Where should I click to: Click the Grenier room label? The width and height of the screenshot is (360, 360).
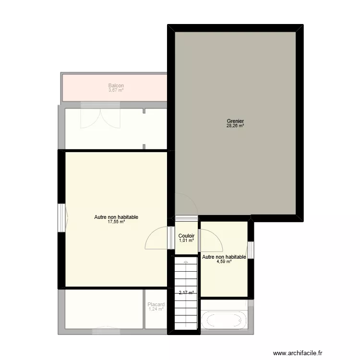click(235, 121)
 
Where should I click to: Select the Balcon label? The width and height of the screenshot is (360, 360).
click(116, 85)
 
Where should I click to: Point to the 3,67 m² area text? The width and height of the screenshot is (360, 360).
click(116, 90)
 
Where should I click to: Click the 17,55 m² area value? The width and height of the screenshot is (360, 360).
click(116, 222)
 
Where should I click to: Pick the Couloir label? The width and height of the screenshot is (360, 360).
click(186, 236)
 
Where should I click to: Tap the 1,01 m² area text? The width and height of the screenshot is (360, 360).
click(186, 240)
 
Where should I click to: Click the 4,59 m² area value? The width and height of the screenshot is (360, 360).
click(224, 262)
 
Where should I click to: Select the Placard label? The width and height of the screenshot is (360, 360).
click(156, 304)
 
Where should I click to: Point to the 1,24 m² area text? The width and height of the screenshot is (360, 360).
click(156, 309)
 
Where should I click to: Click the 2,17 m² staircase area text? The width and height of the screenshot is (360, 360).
click(186, 293)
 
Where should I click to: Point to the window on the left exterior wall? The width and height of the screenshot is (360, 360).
click(61, 217)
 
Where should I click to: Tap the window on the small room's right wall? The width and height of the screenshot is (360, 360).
click(250, 250)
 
